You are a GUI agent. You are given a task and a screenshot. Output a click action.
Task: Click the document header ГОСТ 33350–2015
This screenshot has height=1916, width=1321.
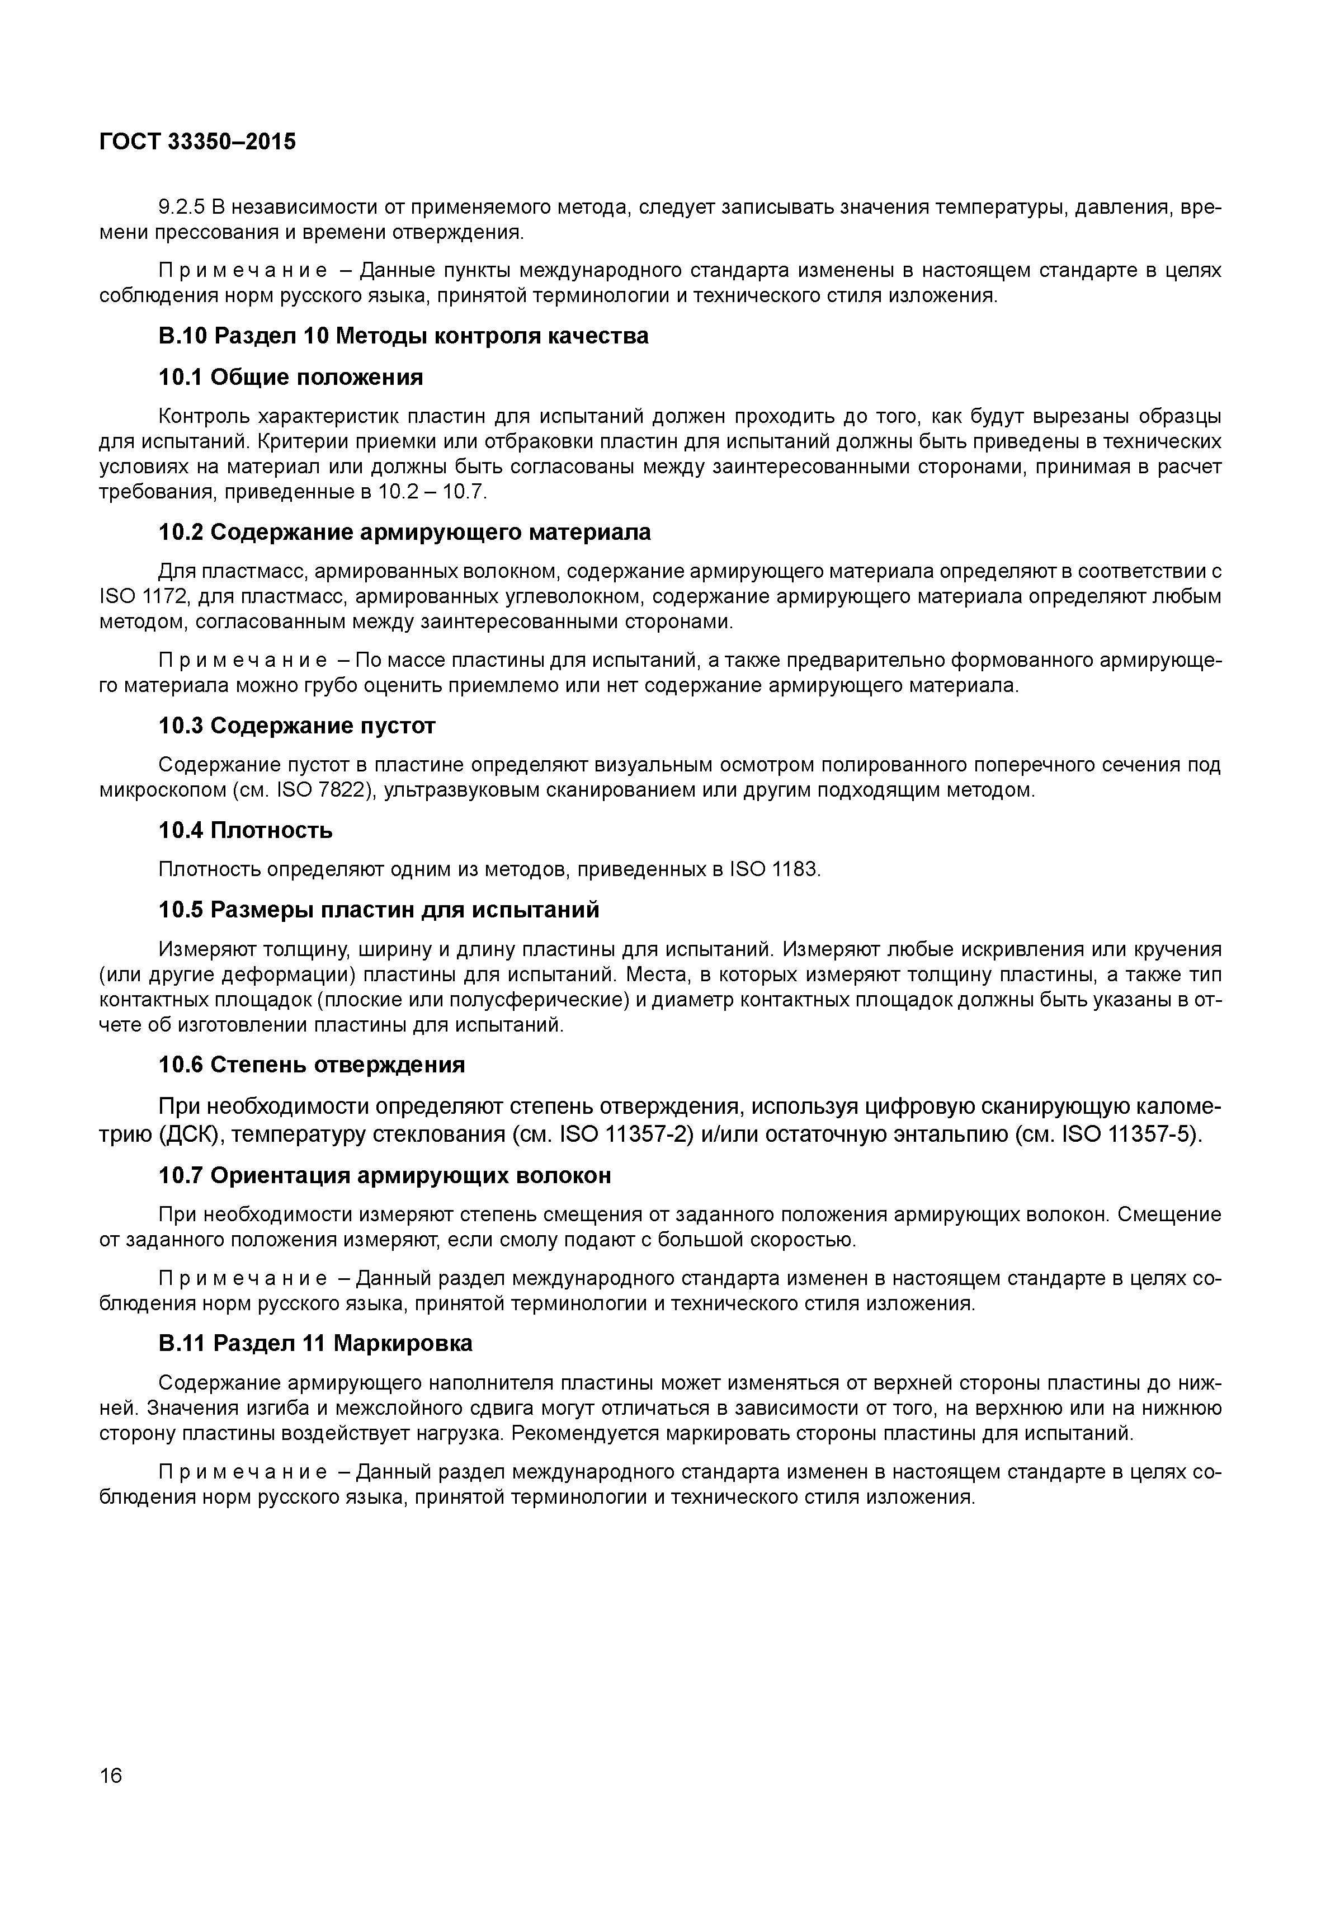(x=197, y=143)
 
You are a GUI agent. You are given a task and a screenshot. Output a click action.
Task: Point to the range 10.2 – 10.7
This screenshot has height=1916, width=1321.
(x=432, y=493)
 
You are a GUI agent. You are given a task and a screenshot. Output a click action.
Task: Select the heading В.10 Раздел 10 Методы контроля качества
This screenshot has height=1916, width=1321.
(x=403, y=336)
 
